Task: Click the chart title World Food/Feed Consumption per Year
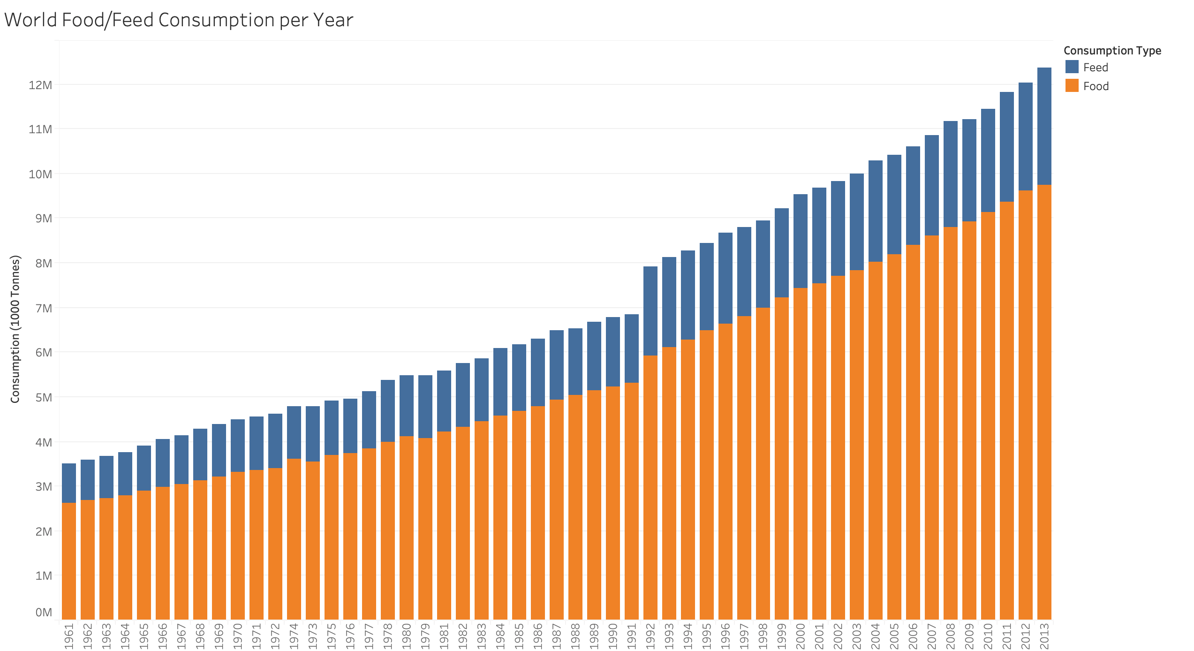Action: pos(178,20)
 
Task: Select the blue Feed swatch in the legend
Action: pos(1072,67)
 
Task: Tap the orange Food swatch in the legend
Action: pos(1072,85)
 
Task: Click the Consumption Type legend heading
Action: pos(1112,51)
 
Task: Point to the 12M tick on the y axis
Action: pos(40,85)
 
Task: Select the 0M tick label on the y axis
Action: pos(43,612)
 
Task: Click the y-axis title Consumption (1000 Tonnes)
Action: pos(15,329)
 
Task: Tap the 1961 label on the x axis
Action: pos(69,636)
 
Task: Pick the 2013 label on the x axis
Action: pos(1044,636)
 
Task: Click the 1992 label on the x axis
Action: pos(650,636)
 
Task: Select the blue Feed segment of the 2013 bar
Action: pos(1044,127)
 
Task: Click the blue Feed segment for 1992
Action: pos(650,311)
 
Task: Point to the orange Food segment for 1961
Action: pos(69,560)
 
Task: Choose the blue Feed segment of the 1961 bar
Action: pos(69,483)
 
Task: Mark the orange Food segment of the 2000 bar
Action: pos(801,453)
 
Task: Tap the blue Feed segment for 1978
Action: pos(388,411)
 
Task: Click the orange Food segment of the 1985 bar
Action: pos(519,515)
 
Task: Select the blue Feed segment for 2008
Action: pos(951,174)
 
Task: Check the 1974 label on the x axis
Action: pos(294,636)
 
